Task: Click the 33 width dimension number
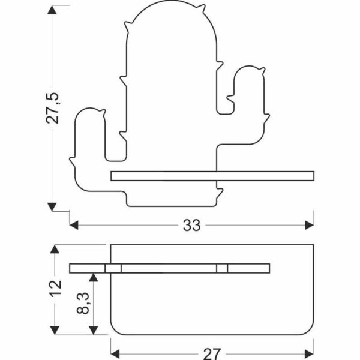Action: click(x=191, y=226)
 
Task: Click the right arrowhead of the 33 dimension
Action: click(x=309, y=226)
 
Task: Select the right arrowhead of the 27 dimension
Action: click(x=309, y=353)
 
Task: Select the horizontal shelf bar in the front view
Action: click(x=213, y=175)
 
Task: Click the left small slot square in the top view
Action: click(x=114, y=268)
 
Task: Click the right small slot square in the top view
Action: click(x=222, y=268)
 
